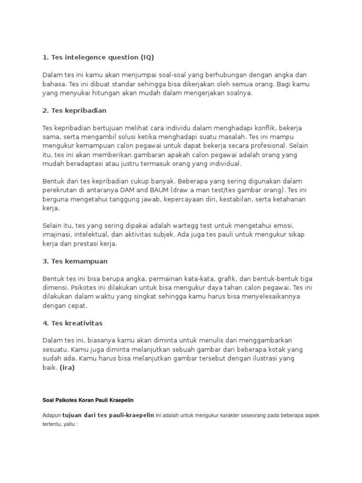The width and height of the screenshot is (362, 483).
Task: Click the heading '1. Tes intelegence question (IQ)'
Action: click(x=98, y=58)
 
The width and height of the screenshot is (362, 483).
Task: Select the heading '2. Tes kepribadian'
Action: click(x=74, y=111)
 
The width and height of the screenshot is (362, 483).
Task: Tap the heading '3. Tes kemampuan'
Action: click(x=75, y=261)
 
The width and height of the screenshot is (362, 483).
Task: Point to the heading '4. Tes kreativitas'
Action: click(x=72, y=323)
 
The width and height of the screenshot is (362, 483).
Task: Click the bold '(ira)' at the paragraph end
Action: click(x=67, y=367)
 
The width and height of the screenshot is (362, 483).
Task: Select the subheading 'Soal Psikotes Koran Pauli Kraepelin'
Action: click(x=88, y=400)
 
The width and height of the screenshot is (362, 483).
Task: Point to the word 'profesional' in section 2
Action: click(x=268, y=146)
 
